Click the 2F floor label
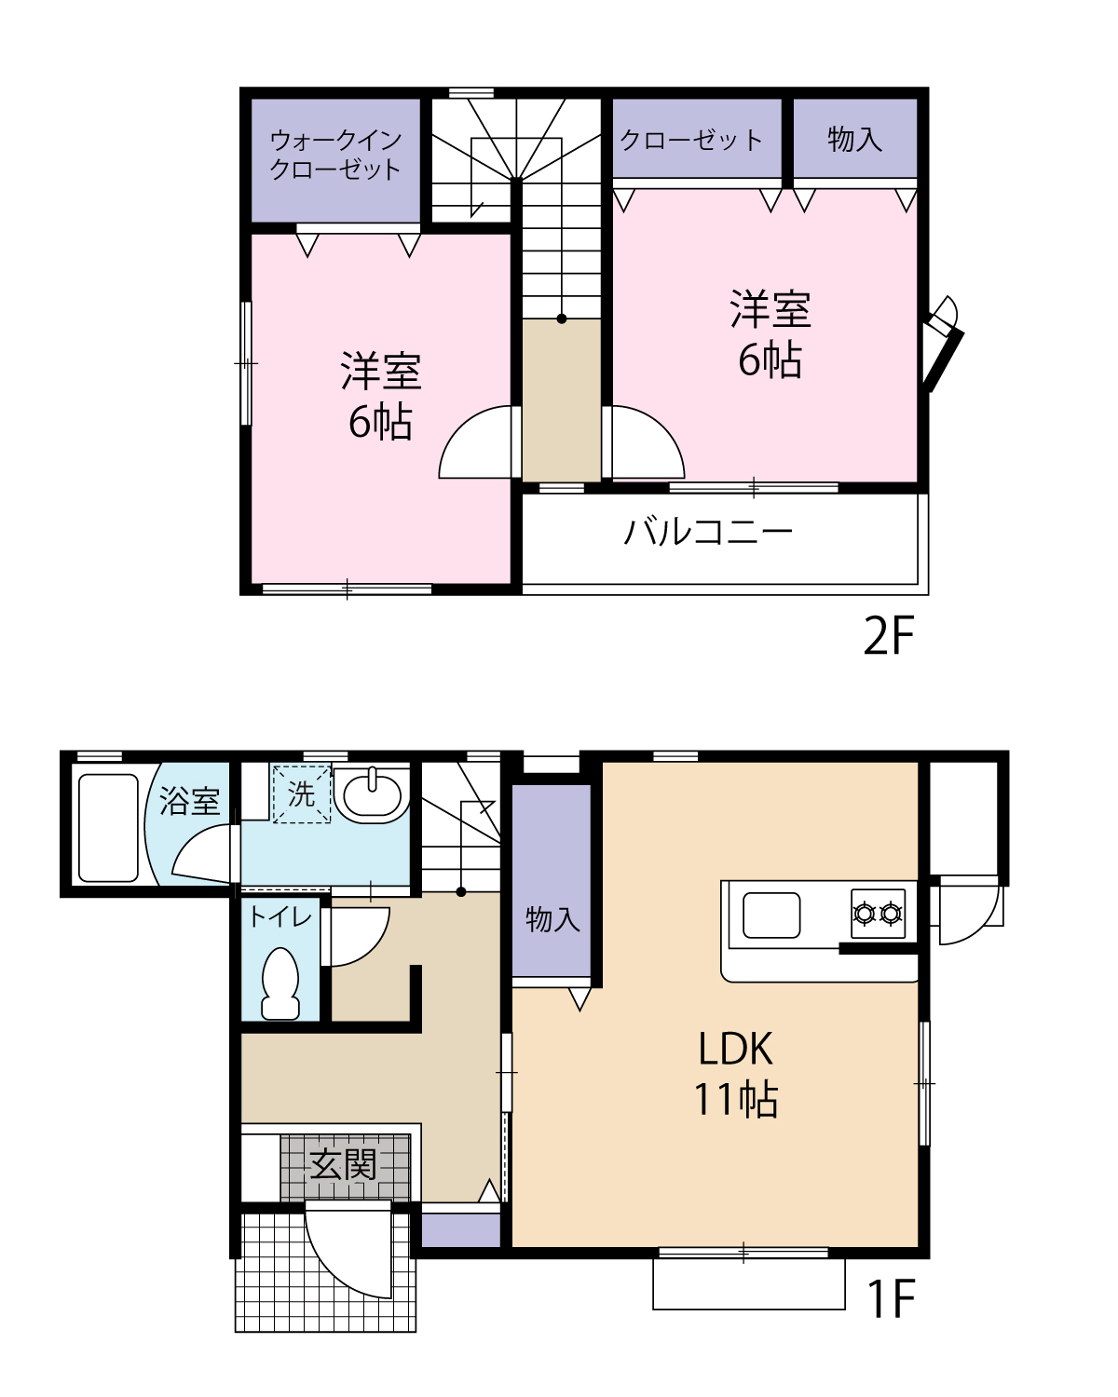889,637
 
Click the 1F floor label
891,1299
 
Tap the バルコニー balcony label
708,533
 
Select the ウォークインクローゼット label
335,155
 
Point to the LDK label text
735,1050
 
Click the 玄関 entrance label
344,1164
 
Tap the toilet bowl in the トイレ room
280,983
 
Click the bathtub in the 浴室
108,827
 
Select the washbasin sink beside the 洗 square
373,794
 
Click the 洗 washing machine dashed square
301,794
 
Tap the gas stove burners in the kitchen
878,913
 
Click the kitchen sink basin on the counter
771,916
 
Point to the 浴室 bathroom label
189,801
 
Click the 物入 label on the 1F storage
552,919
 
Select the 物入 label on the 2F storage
854,140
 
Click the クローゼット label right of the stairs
691,140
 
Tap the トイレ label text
279,917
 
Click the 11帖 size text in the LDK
735,1100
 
